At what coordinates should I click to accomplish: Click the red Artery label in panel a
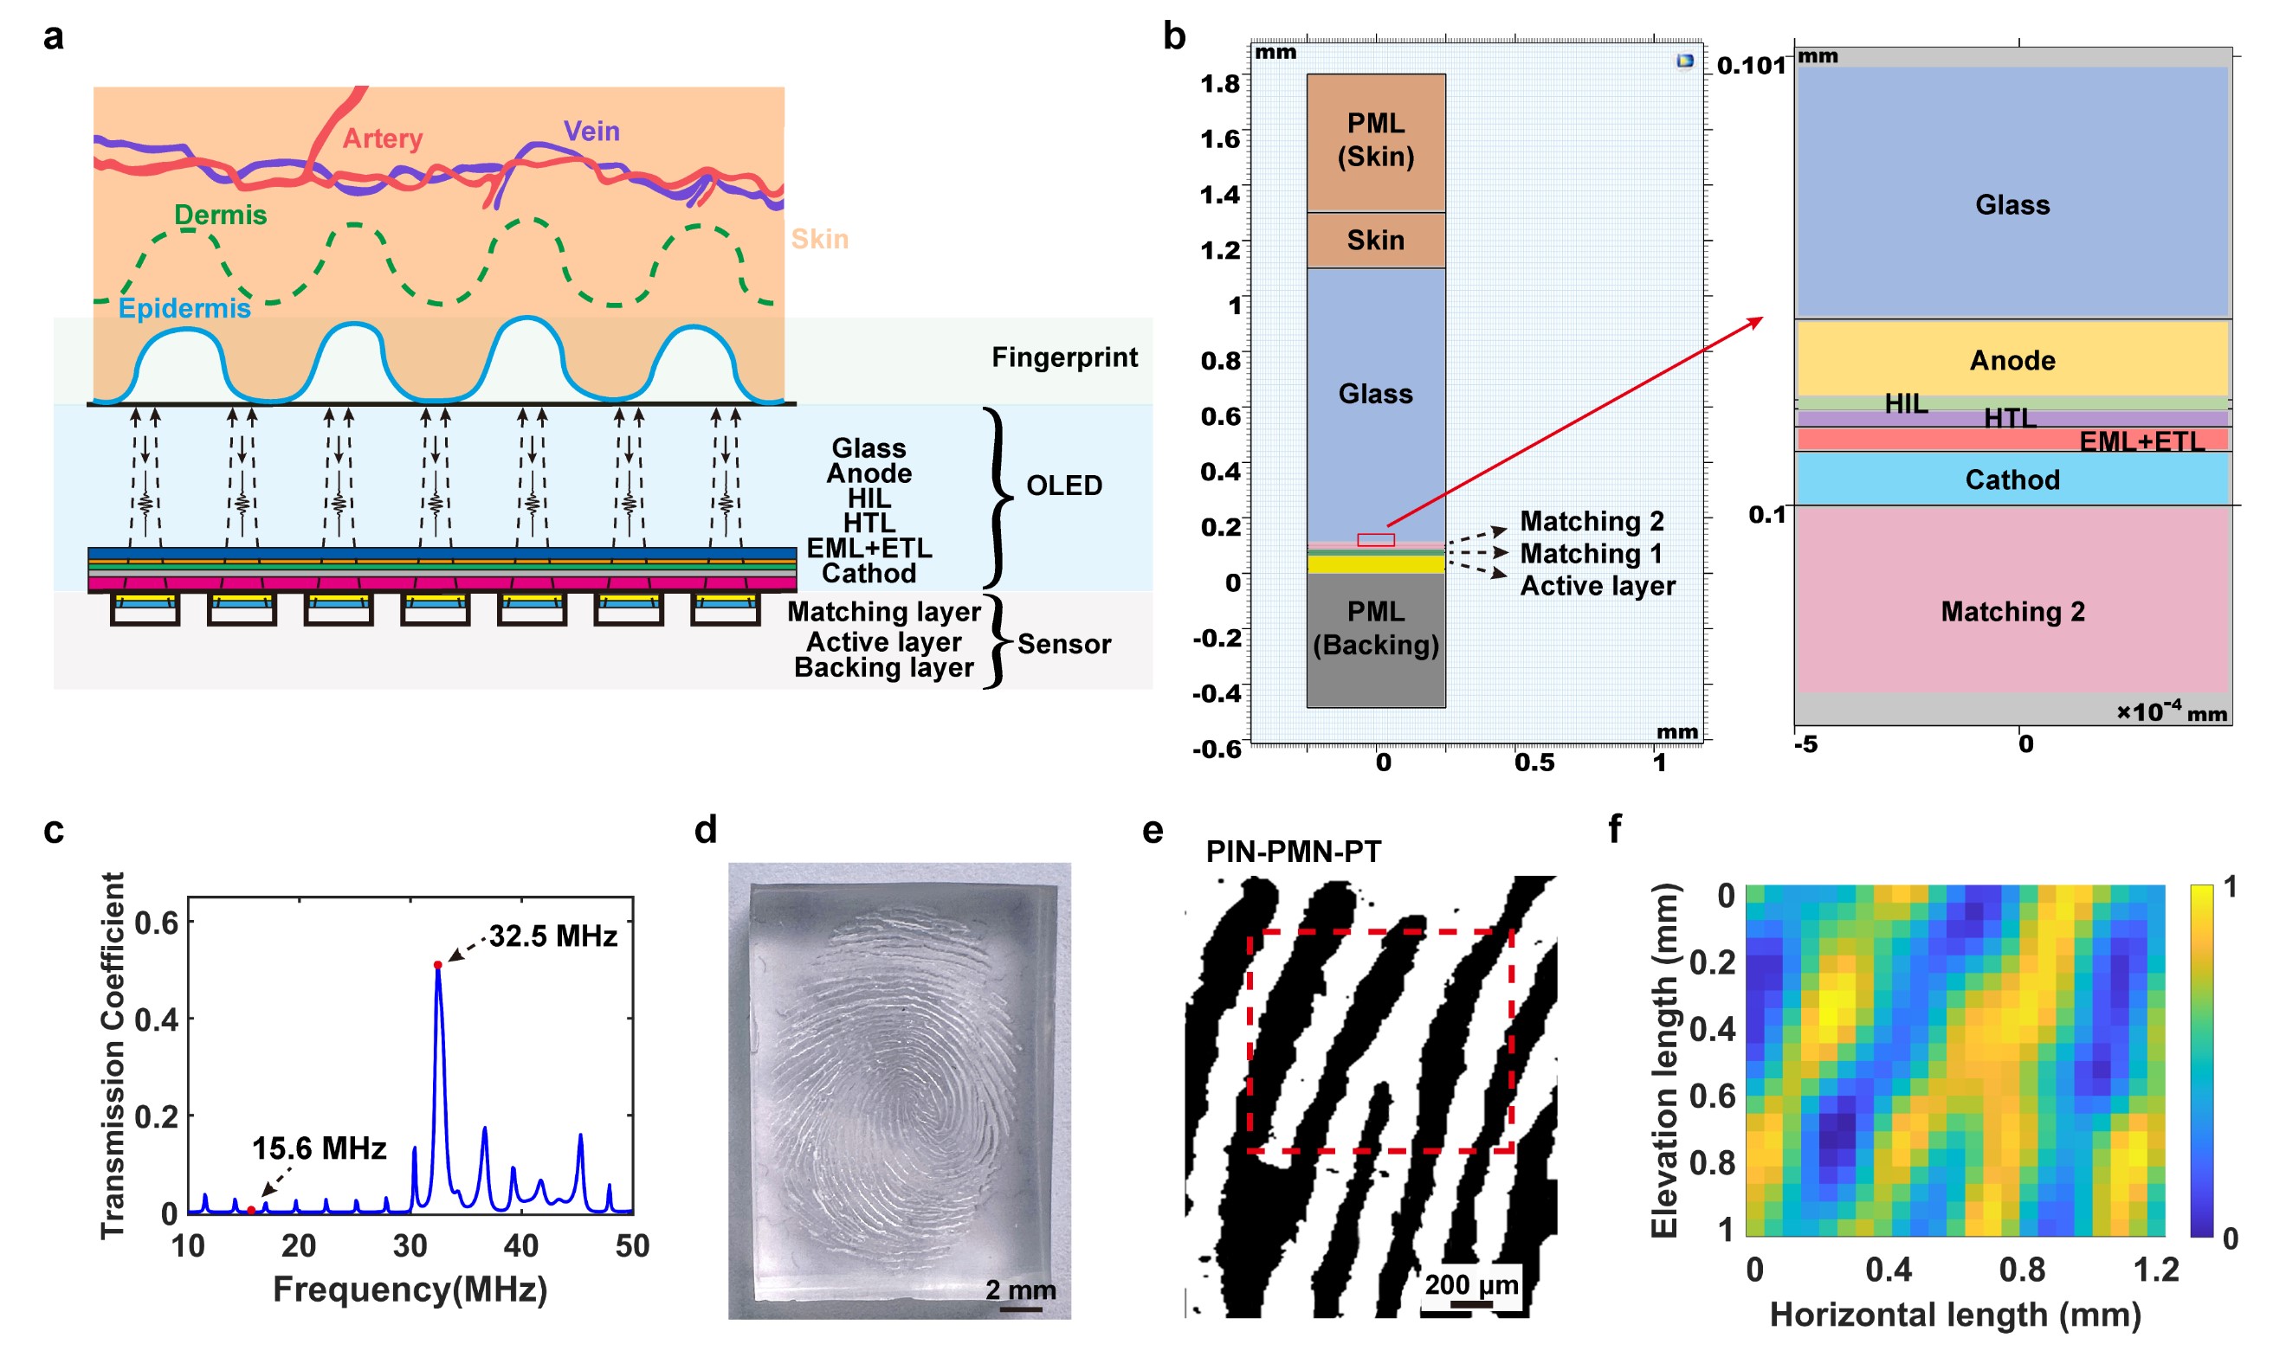tap(383, 138)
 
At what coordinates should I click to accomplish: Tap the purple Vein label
tap(591, 131)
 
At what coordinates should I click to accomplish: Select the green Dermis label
tap(221, 215)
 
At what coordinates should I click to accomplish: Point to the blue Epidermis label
tap(184, 308)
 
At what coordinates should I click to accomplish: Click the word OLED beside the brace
tap(1064, 486)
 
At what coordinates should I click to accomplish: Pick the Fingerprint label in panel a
tap(1064, 357)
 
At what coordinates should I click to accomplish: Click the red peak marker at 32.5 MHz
tap(438, 965)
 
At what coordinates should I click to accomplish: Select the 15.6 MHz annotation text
tap(320, 1148)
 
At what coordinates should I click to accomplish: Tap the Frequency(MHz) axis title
tap(410, 1289)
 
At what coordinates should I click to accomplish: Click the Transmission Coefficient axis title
tap(113, 1055)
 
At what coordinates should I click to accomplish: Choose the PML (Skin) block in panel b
tap(1375, 140)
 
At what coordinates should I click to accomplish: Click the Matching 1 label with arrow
tap(1590, 553)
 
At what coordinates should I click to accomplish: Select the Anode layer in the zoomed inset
tap(2012, 360)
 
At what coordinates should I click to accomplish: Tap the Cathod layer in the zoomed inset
tap(2012, 479)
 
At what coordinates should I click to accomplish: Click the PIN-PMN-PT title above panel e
tap(1293, 852)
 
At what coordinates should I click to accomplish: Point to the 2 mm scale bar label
tap(1020, 1289)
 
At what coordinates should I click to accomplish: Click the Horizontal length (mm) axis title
tap(1955, 1314)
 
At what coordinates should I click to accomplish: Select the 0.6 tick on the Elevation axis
tap(1712, 1096)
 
